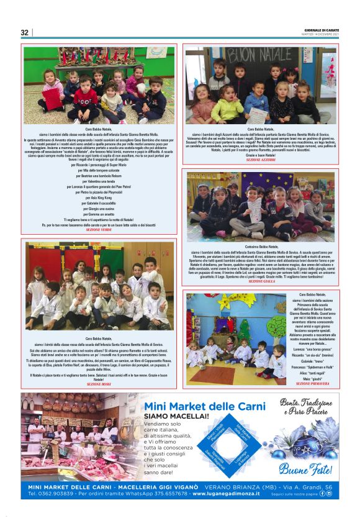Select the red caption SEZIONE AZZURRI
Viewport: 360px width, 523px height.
(261, 160)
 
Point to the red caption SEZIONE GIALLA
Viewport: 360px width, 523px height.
(261, 281)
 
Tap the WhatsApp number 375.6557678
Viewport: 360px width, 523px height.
(167, 494)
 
